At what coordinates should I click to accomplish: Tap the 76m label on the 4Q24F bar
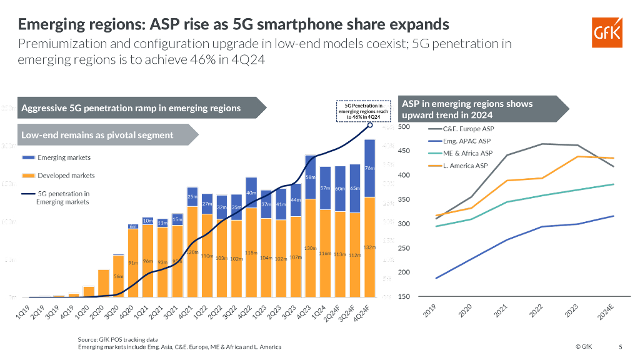369,168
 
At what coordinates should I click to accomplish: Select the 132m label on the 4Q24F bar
369,247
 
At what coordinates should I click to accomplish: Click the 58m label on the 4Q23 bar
309,177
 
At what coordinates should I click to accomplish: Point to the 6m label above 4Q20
133,226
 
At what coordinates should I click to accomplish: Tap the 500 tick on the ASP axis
403,127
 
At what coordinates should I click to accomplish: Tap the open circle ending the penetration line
369,124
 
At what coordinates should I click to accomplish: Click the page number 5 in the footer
621,346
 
